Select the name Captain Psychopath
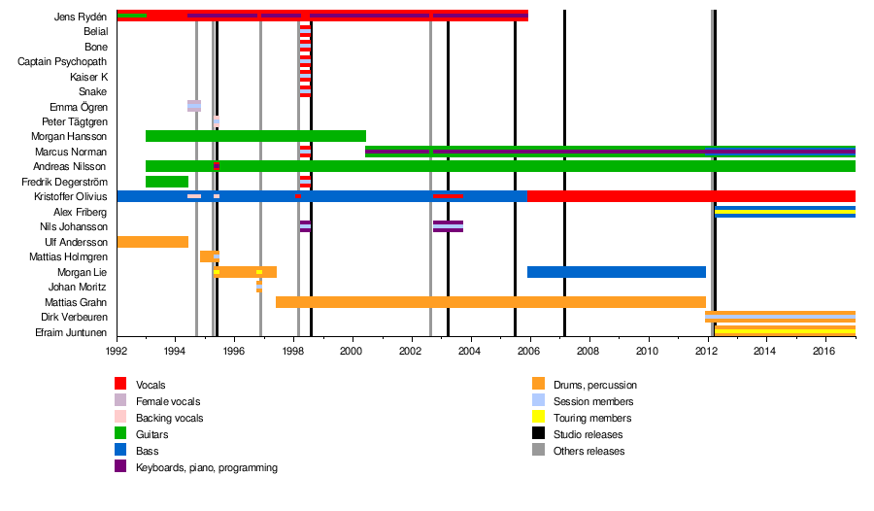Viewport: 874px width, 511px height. tap(62, 61)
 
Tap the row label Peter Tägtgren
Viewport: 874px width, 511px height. tap(75, 121)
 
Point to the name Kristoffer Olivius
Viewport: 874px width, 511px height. tap(64, 196)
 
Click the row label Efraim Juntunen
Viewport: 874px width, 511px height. tap(72, 332)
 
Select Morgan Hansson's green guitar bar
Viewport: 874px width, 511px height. tap(255, 136)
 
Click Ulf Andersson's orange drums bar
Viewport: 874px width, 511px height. tap(152, 242)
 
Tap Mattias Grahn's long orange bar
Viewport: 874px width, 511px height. tap(490, 302)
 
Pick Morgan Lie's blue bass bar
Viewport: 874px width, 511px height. tap(616, 272)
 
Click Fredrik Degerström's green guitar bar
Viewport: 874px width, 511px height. tap(166, 182)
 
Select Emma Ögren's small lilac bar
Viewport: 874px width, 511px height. tap(194, 106)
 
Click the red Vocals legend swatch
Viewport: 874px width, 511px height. tap(120, 385)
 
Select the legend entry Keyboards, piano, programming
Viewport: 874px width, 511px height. tap(206, 467)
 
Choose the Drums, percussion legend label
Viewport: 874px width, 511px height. tap(594, 385)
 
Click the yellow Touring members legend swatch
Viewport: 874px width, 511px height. tap(538, 418)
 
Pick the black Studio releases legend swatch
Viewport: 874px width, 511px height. tap(538, 434)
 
